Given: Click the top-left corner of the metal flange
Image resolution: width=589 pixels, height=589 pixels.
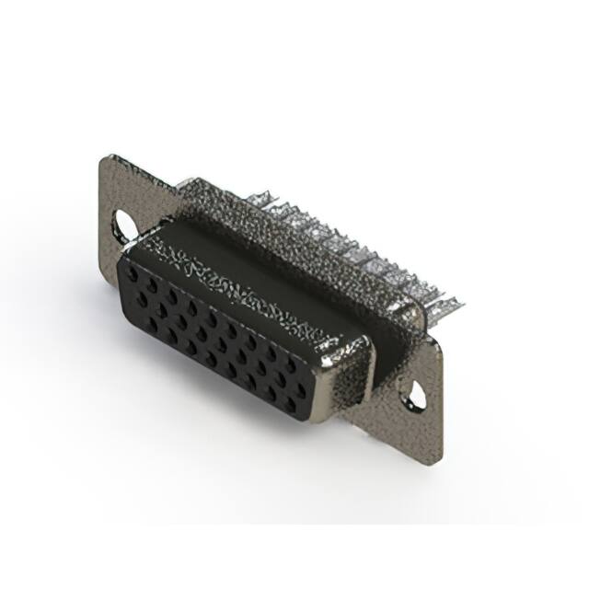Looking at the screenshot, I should coord(104,157).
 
